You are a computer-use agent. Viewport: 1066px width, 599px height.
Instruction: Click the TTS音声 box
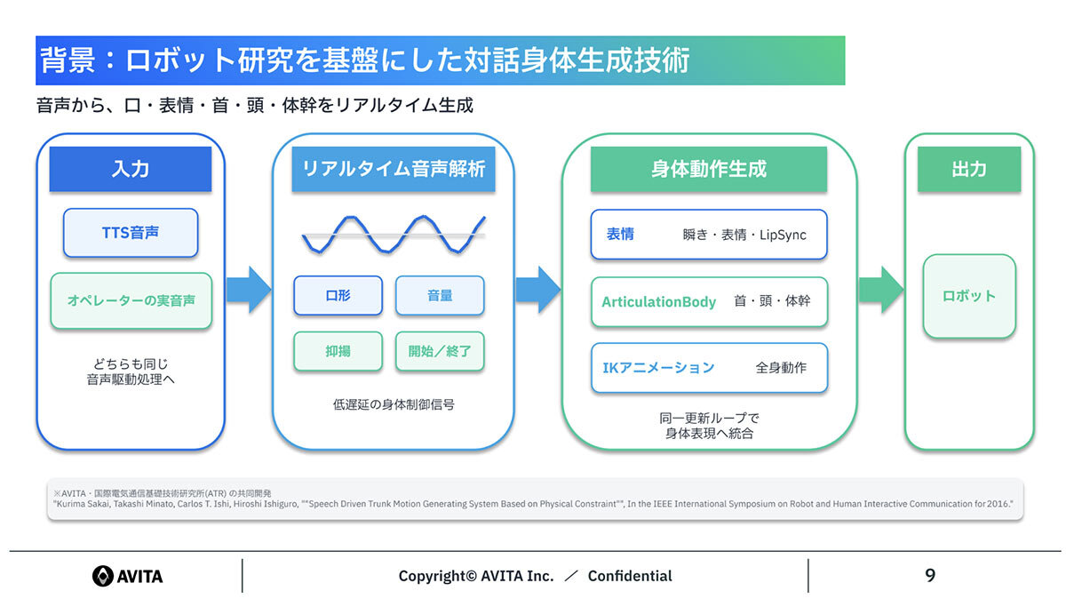coord(131,233)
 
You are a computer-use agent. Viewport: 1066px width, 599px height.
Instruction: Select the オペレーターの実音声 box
coord(131,300)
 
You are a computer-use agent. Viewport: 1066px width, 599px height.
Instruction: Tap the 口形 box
coord(338,296)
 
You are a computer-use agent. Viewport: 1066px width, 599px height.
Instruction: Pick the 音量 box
coord(440,296)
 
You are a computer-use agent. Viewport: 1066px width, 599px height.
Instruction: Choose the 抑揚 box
coord(338,351)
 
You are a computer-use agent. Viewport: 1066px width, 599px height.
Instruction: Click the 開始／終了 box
coord(440,351)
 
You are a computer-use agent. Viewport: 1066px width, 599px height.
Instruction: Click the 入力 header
coord(131,169)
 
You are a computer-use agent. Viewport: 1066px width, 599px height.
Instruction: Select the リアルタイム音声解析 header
coord(394,169)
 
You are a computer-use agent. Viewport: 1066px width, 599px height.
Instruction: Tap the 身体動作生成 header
coord(709,169)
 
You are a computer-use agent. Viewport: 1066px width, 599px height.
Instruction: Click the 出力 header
coord(969,169)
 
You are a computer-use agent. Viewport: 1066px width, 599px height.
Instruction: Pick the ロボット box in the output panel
coord(969,296)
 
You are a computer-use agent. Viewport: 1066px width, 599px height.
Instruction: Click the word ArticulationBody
coord(658,302)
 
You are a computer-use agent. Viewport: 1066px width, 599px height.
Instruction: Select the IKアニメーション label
coord(658,368)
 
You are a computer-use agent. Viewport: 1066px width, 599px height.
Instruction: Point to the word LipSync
coord(783,236)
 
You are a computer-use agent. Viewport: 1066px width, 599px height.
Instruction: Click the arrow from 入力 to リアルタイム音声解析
coord(249,290)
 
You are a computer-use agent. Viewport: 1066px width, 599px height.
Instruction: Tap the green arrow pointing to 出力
coord(881,290)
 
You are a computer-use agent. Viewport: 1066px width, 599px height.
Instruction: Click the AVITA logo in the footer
coord(128,576)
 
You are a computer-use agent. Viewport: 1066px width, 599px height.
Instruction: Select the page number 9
coord(930,576)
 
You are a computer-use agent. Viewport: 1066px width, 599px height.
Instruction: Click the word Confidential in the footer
coord(630,576)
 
